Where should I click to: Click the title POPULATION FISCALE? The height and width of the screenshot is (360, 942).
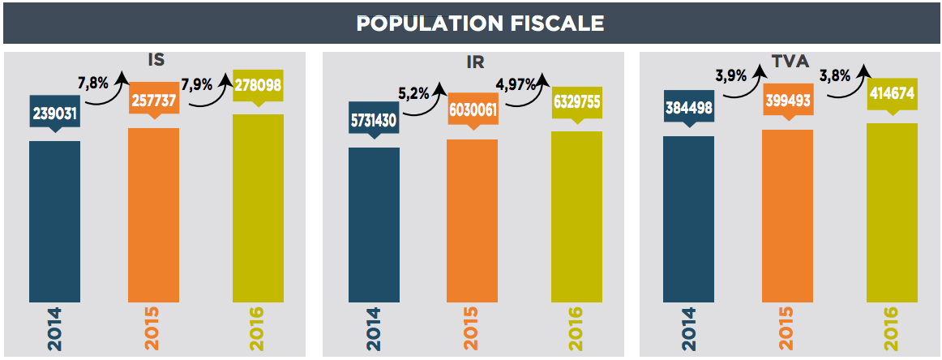pyautogui.click(x=480, y=24)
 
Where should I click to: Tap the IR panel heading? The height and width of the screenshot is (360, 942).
pyautogui.click(x=477, y=62)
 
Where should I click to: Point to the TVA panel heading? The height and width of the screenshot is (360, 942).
pyautogui.click(x=793, y=59)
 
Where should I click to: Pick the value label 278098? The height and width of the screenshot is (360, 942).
pyautogui.click(x=259, y=84)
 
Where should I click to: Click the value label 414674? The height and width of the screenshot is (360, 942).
pyautogui.click(x=892, y=93)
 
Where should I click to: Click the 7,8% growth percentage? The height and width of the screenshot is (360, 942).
pyautogui.click(x=92, y=83)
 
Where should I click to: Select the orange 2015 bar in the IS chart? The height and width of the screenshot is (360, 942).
pyautogui.click(x=153, y=215)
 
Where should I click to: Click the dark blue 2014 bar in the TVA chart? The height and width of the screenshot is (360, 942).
pyautogui.click(x=688, y=219)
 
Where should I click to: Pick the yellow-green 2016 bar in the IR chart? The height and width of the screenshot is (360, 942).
pyautogui.click(x=576, y=216)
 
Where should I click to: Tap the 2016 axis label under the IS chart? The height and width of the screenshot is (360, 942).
pyautogui.click(x=258, y=329)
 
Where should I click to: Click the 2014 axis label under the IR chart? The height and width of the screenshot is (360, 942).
pyautogui.click(x=374, y=329)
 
